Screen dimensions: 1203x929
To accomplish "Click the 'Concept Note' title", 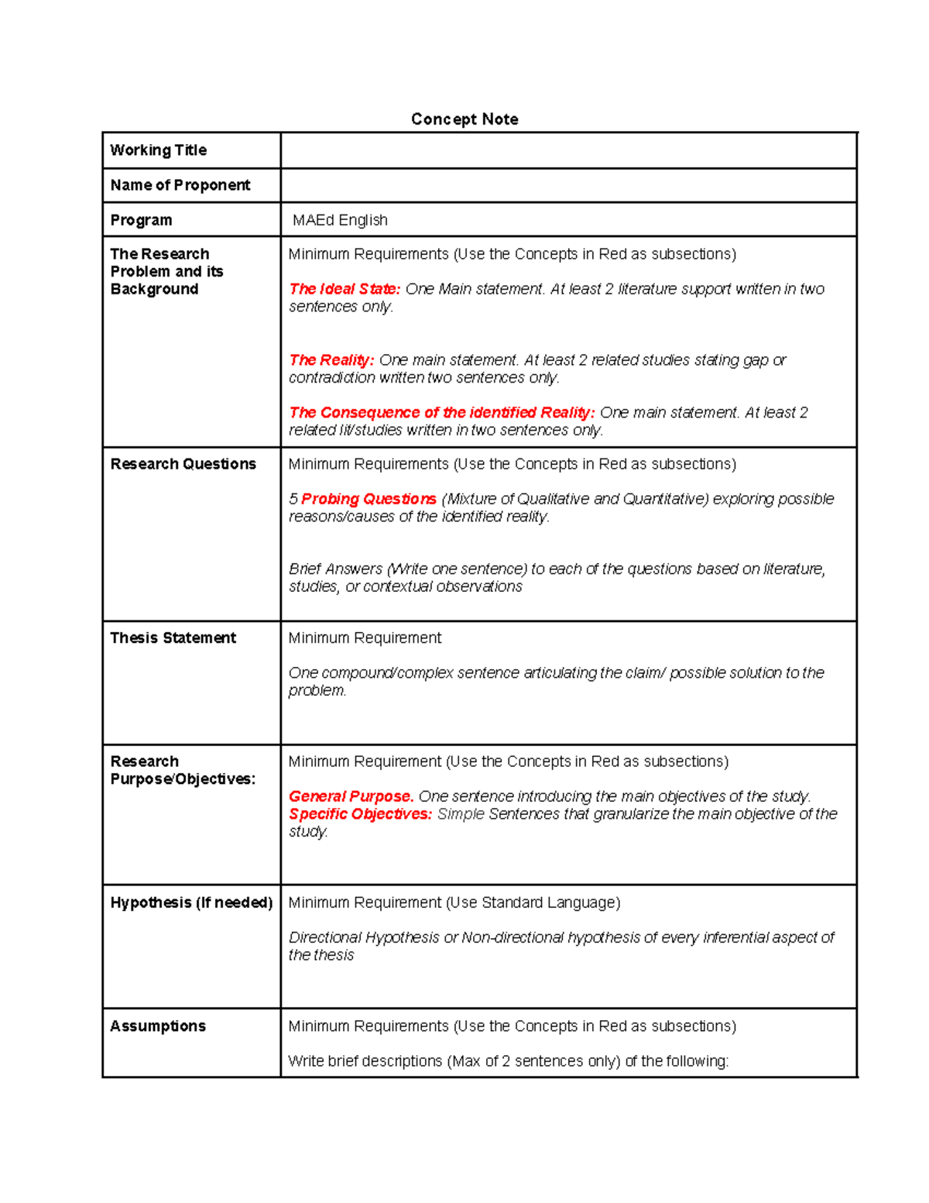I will pos(464,119).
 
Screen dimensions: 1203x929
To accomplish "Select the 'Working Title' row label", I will pos(159,150).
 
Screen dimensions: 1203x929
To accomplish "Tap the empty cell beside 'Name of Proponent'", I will pos(568,186).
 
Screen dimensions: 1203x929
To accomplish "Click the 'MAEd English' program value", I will pos(340,220).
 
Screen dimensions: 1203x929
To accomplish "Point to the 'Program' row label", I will pos(141,220).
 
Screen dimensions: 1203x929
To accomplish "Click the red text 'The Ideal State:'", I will pos(345,289).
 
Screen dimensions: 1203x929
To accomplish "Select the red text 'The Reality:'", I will pos(331,360).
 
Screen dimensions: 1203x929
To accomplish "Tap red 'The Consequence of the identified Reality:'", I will pos(441,413).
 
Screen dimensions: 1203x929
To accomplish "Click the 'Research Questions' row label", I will pos(183,464).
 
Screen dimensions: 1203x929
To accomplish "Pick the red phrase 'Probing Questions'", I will pos(369,500).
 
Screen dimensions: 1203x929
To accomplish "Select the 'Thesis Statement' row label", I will pos(173,638).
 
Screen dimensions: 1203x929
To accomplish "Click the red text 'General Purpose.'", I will pos(351,796).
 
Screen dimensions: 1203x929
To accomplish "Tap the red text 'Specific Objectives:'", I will pos(360,814).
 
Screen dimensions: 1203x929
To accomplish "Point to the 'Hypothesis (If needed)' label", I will pos(191,902).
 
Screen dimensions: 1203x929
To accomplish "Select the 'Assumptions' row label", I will pos(158,1026).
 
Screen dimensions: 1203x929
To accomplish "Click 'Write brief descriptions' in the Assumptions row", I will pos(365,1061).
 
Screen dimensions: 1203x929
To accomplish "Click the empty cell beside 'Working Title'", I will pos(568,150).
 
